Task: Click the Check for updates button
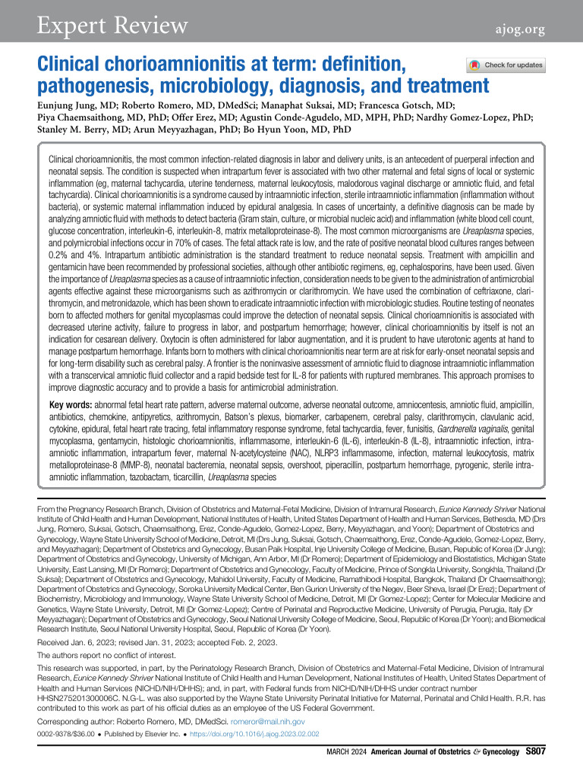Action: (x=506, y=65)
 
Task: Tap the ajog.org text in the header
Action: (x=515, y=28)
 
